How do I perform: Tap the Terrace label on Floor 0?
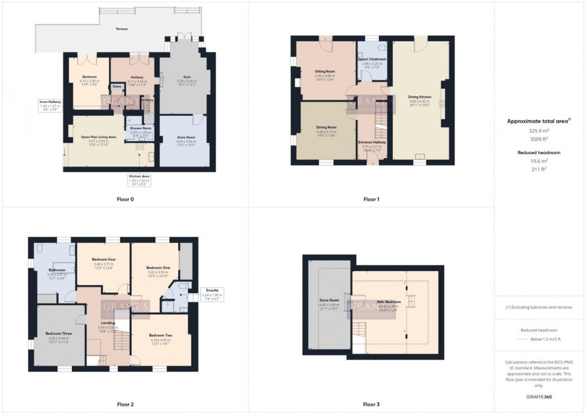click(121, 29)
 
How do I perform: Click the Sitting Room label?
click(325, 71)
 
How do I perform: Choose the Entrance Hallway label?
click(372, 142)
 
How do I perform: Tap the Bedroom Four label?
click(103, 259)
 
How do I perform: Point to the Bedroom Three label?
click(57, 333)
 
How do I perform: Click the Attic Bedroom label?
click(389, 302)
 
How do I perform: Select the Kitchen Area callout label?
click(139, 176)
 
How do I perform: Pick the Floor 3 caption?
click(371, 404)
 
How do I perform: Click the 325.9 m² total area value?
click(539, 130)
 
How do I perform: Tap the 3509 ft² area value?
click(539, 139)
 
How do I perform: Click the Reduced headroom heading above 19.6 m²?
click(539, 152)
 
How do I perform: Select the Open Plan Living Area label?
click(99, 137)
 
